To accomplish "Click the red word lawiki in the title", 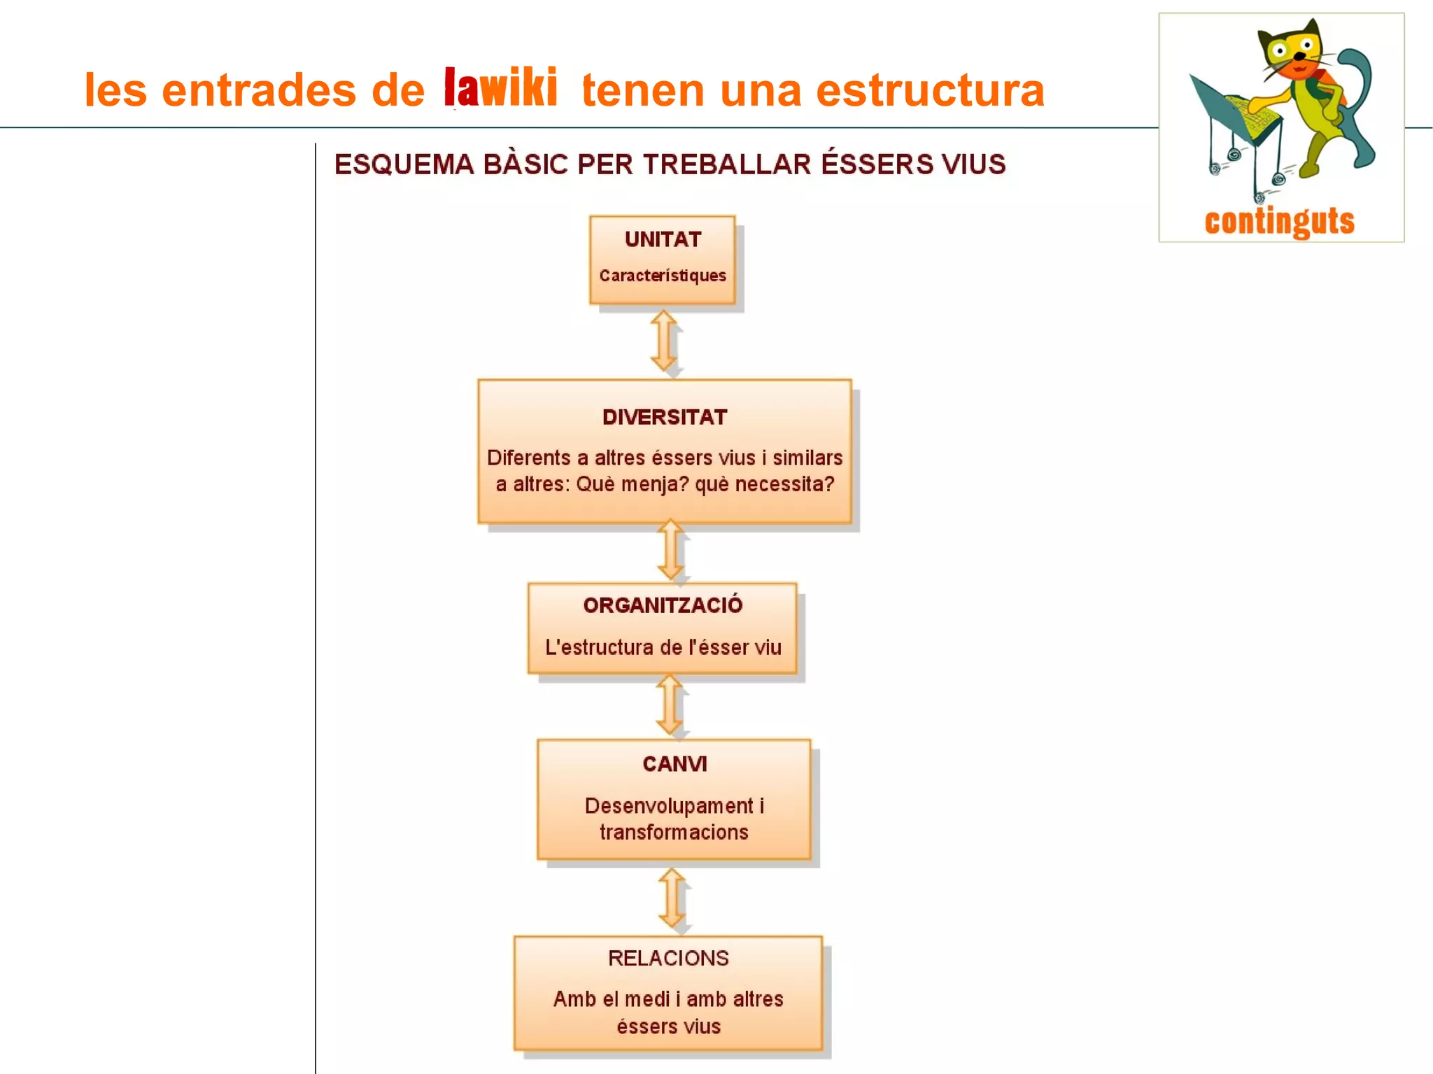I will (500, 88).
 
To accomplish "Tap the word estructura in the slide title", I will (930, 91).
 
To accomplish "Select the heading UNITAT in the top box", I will (663, 240).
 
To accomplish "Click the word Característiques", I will (663, 276).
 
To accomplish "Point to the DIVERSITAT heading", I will (665, 418).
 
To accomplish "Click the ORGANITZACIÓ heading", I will (663, 605).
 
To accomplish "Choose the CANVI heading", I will (675, 764).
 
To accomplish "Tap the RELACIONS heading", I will (668, 959).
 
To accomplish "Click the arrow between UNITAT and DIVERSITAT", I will (664, 341).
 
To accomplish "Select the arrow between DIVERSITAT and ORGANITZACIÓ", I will (670, 550).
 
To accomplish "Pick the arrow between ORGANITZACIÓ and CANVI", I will (670, 705).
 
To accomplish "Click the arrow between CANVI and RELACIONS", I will (672, 898).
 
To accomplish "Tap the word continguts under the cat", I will (1280, 221).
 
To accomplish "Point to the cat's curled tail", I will (1357, 105).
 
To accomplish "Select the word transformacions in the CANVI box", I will (674, 833).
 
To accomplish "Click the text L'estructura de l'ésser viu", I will (663, 647).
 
